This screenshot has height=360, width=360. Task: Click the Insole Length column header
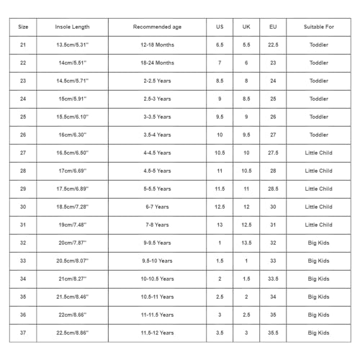point(73,27)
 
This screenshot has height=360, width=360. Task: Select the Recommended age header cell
point(156,27)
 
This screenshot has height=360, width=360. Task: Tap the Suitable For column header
point(318,27)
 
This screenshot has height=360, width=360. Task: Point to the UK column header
point(246,27)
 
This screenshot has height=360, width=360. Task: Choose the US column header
point(220,27)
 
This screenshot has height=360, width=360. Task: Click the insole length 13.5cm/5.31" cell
point(73,45)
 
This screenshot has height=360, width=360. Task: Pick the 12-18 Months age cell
point(156,45)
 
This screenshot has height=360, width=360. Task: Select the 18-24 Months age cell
point(156,63)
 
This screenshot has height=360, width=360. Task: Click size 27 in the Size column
point(23,153)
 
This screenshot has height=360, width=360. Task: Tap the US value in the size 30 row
point(220,207)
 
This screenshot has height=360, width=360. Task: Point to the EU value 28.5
point(273,189)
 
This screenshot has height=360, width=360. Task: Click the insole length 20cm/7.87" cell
point(73,243)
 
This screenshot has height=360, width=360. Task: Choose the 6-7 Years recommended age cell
point(156,207)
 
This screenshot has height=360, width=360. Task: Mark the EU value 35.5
point(273,333)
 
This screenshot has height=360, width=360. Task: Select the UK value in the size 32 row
point(246,243)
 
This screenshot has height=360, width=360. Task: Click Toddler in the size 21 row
point(318,45)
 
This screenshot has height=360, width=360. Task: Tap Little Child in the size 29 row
point(318,189)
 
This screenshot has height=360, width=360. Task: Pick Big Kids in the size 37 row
point(318,333)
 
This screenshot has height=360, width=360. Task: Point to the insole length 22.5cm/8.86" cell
point(73,333)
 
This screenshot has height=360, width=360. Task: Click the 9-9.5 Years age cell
point(156,243)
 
